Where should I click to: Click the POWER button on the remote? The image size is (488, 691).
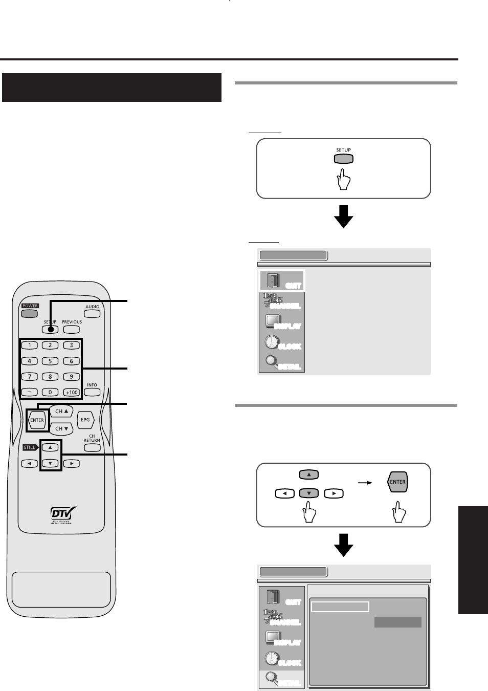click(x=30, y=313)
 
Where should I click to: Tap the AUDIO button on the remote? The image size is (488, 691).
click(x=92, y=313)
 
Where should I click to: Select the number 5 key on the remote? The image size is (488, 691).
click(x=50, y=361)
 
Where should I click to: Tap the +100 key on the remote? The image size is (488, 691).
click(x=72, y=392)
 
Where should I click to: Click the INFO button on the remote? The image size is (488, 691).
click(x=92, y=392)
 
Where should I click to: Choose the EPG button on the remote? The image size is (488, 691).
click(x=85, y=420)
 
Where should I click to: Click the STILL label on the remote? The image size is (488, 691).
click(x=30, y=447)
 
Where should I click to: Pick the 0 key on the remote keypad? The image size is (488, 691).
click(x=50, y=392)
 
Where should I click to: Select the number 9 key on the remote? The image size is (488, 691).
click(x=72, y=376)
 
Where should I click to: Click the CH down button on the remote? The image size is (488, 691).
click(x=61, y=428)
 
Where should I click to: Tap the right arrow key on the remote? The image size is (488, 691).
click(x=72, y=464)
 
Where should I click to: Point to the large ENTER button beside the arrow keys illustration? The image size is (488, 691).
click(x=397, y=482)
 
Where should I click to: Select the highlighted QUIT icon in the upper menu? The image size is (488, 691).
click(x=282, y=281)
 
